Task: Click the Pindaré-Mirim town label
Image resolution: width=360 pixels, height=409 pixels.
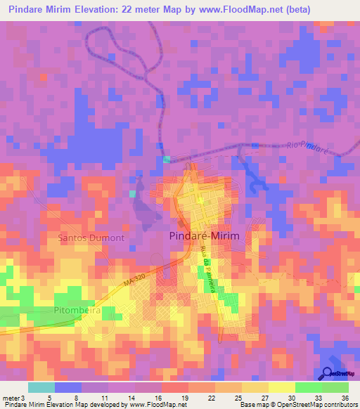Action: click(x=205, y=237)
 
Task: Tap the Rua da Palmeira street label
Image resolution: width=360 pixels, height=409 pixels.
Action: click(x=205, y=274)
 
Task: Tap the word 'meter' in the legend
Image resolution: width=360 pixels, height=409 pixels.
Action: click(x=11, y=397)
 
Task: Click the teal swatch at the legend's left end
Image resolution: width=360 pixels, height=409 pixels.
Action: click(x=41, y=387)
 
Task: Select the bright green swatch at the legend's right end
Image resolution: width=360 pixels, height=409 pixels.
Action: click(x=335, y=387)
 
